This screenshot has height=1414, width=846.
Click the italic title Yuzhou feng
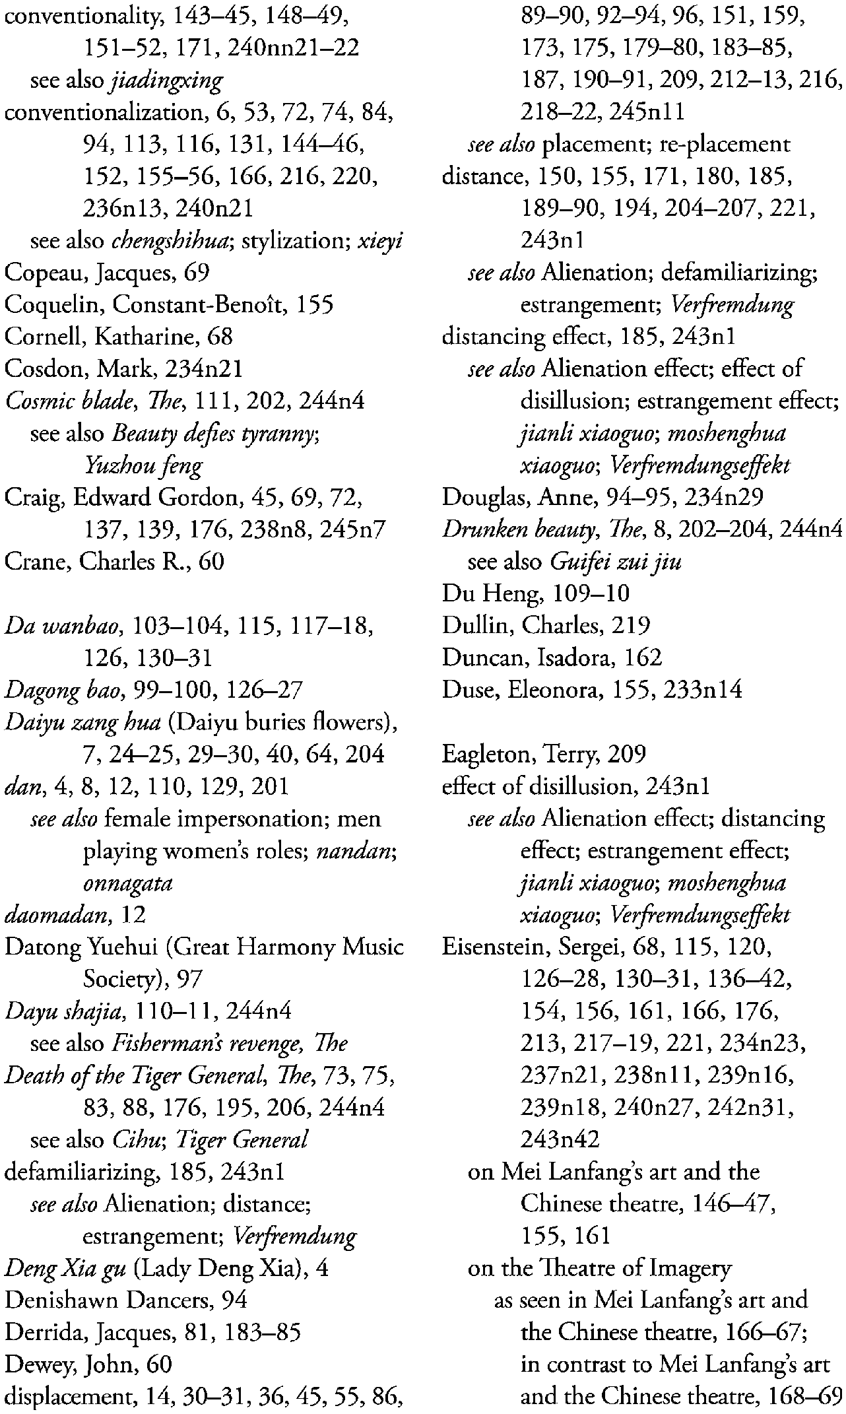143,466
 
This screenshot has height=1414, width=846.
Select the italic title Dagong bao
65,690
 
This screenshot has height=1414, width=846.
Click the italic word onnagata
127,883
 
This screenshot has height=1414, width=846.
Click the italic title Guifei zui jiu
616,562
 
